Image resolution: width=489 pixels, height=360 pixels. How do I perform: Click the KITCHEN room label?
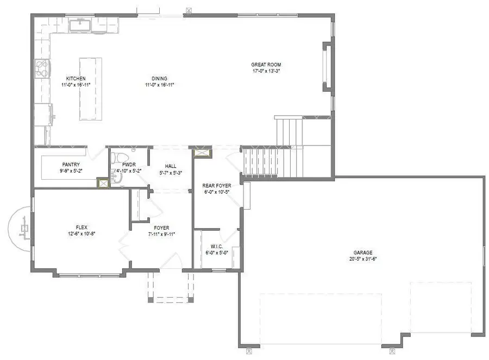pos(76,78)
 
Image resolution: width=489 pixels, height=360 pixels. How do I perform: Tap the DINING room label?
pos(160,78)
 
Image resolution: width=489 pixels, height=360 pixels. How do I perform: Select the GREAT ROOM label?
pos(266,65)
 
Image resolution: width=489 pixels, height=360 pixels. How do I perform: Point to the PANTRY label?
pos(71,165)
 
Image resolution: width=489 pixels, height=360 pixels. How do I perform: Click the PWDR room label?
pos(129,164)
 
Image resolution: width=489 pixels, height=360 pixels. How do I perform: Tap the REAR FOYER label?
pos(216,186)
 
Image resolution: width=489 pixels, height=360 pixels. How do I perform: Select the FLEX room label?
pos(81,227)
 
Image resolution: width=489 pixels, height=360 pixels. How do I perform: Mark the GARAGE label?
pos(363,252)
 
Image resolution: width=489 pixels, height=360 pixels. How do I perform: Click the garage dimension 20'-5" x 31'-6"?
pos(363,259)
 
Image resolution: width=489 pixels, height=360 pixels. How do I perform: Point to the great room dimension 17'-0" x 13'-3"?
pos(266,71)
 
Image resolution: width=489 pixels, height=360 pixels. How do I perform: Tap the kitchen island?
pos(91,89)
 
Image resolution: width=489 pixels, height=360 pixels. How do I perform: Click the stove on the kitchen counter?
pos(42,69)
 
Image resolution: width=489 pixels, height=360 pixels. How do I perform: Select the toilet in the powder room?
pos(116,157)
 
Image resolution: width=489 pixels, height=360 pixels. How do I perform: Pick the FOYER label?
pos(161,228)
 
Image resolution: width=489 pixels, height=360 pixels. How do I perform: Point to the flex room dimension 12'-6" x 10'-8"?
pos(81,233)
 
